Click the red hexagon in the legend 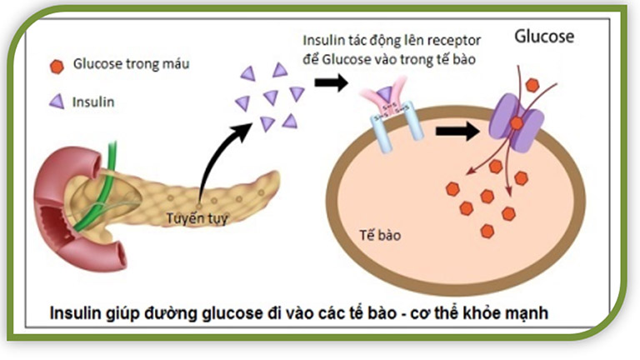point(57,66)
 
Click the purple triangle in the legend point(57,102)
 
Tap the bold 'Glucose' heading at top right point(544,37)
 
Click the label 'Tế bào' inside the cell point(378,235)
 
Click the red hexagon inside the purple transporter point(517,123)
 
